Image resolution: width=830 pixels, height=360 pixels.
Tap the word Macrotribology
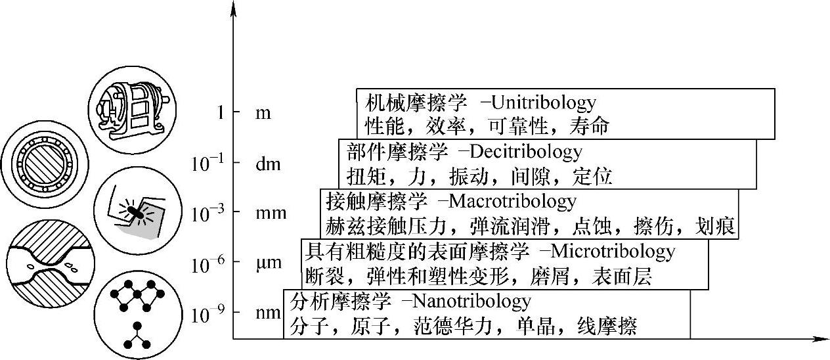pyautogui.click(x=522, y=201)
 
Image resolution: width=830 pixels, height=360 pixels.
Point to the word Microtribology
pyautogui.click(x=611, y=251)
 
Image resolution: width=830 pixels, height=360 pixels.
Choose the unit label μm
pyautogui.click(x=267, y=264)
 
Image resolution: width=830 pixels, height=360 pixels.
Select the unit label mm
pyautogui.click(x=267, y=214)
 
